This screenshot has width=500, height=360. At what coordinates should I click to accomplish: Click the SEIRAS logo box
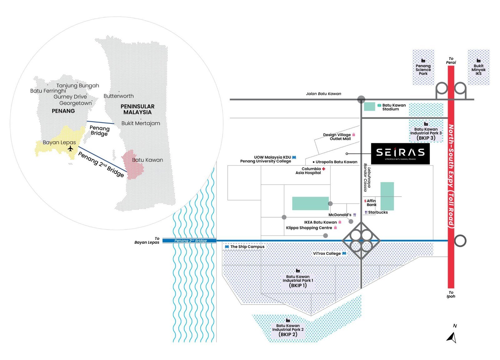[x=400, y=154]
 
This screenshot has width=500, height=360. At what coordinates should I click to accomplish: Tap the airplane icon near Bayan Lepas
[x=71, y=148]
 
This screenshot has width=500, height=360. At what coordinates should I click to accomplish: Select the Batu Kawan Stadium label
[x=394, y=107]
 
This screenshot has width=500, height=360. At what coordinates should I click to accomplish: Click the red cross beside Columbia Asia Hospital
[x=324, y=169]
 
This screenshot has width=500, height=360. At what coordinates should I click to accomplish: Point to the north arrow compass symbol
[x=452, y=337]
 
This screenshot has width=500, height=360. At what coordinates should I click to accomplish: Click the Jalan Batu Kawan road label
[x=323, y=94]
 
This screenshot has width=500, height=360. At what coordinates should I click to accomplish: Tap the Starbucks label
[x=378, y=212]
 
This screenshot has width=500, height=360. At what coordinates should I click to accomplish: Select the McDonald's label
[x=340, y=215]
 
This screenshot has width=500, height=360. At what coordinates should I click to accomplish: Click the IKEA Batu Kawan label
[x=320, y=222]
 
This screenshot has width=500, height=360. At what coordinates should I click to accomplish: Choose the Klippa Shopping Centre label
[x=309, y=228]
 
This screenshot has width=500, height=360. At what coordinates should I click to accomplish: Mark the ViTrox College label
[x=327, y=254]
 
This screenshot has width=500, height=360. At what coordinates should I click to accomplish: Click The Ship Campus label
[x=247, y=247]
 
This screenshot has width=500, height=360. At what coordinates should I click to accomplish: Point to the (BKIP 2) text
[x=288, y=334]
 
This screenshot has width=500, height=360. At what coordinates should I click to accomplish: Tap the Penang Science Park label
[x=423, y=70]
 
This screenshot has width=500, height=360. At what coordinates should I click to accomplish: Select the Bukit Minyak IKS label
[x=478, y=70]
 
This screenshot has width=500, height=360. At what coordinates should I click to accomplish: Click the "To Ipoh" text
[x=451, y=295]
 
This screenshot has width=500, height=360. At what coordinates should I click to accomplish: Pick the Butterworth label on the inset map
[x=118, y=96]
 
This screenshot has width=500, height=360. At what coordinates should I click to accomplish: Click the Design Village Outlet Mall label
[x=337, y=137]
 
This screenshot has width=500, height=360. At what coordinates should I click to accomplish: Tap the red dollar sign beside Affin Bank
[x=365, y=201]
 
